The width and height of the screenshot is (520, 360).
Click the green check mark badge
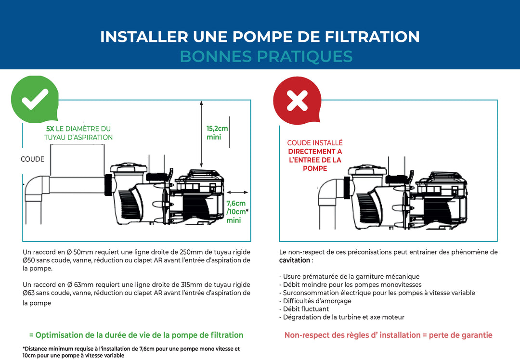tap(35, 99)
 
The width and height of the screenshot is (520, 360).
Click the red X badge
tap(297, 101)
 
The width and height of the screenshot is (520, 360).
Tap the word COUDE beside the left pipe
tap(33, 159)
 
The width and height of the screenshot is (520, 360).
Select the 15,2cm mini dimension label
tap(217, 133)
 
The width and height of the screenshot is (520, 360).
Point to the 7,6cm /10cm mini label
tap(237, 211)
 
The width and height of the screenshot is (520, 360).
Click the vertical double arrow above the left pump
tap(201, 134)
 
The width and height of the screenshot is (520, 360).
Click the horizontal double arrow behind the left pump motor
tap(237, 192)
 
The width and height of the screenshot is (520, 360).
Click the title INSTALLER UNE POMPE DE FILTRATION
tap(260, 37)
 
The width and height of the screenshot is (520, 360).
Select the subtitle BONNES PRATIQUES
tap(266, 56)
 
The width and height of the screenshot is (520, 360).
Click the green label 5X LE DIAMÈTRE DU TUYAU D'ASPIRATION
tap(78, 133)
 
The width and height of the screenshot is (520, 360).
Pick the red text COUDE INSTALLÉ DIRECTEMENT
tap(315, 147)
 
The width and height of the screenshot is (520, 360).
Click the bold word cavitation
tap(295, 260)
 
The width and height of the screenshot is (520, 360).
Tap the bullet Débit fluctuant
tap(304, 309)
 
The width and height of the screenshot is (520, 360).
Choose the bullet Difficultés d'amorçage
tap(315, 301)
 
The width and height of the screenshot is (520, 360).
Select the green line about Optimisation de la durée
tap(136, 335)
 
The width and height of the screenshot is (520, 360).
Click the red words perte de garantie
tap(461, 335)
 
